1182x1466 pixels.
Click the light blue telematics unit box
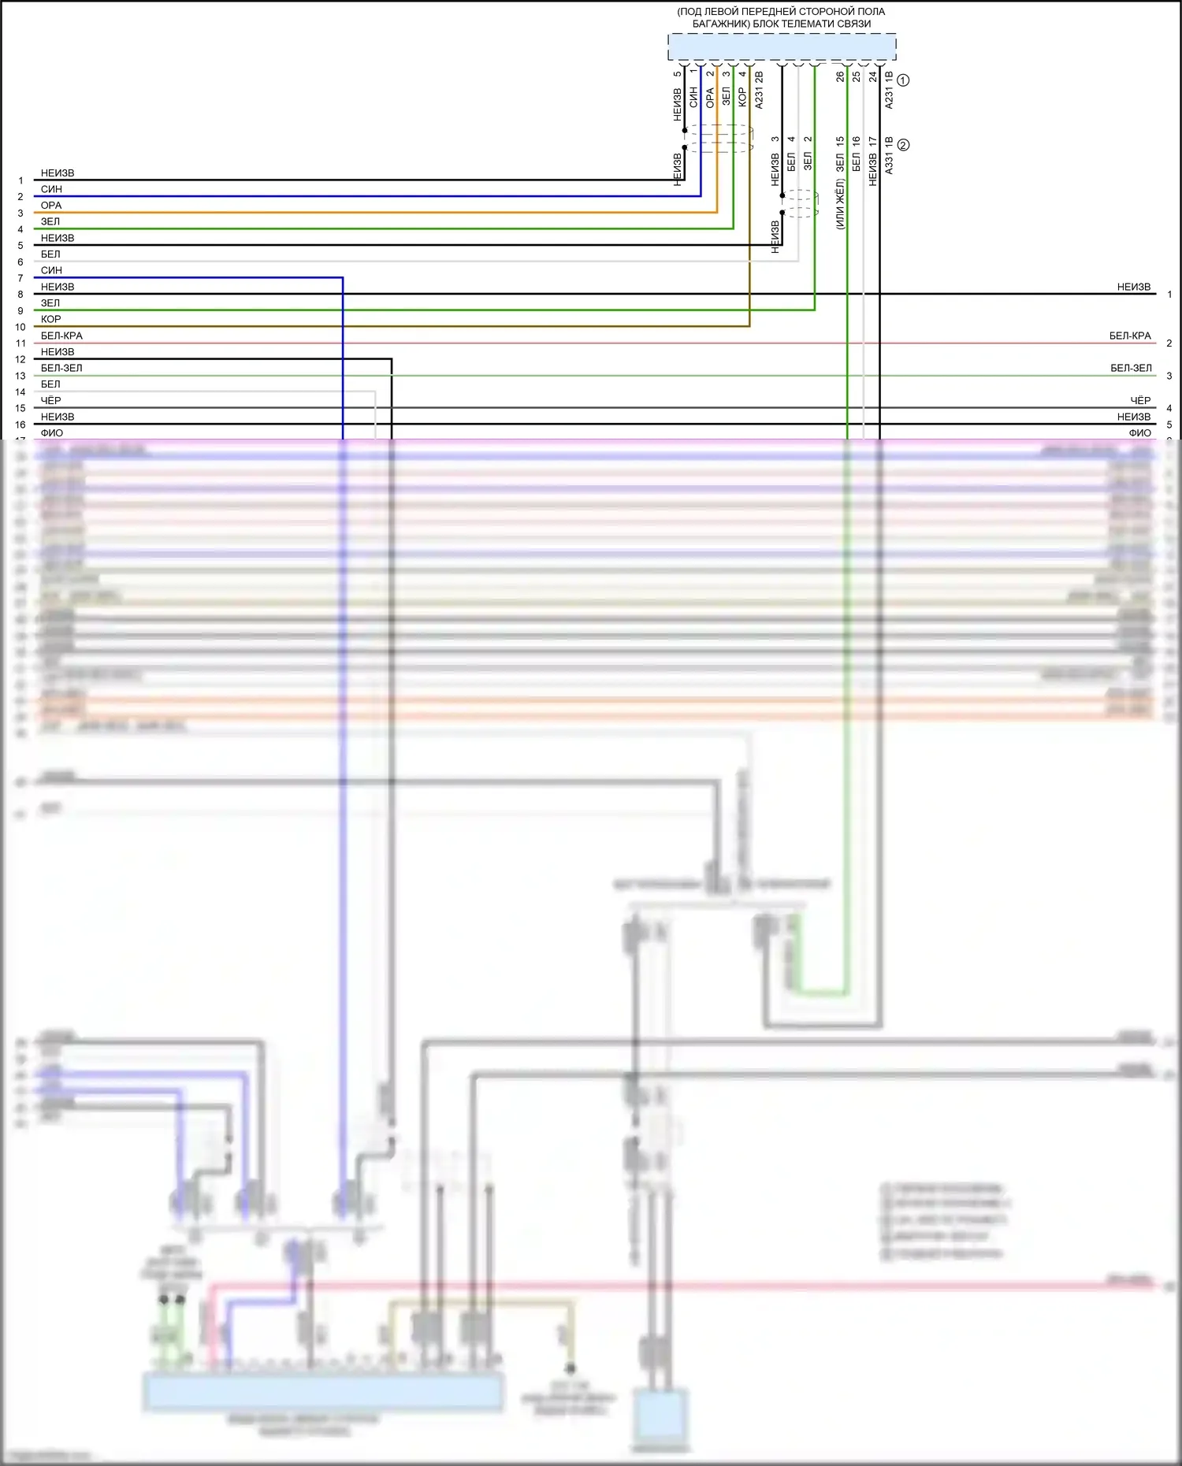pos(782,47)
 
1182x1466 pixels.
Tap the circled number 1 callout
pos(903,80)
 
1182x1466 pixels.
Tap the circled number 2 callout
pos(903,145)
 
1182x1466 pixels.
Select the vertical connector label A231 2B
pos(759,90)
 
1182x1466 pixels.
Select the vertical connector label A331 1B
pos(889,155)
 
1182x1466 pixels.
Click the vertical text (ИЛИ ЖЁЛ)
pos(840,204)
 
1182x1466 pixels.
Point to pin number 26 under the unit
pos(840,76)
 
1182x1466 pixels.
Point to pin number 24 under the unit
pos(872,76)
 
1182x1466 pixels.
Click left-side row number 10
pos(20,327)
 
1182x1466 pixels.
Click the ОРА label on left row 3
pos(51,206)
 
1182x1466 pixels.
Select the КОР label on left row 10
pos(51,319)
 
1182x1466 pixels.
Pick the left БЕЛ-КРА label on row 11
pos(61,336)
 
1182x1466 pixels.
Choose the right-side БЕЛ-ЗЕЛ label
pos(1131,368)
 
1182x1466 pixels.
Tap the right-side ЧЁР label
pos(1140,400)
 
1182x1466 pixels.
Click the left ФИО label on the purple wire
pos(52,432)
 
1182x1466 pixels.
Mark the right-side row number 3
pos(1169,376)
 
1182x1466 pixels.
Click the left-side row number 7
pos(20,278)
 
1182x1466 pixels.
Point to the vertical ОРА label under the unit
pos(710,98)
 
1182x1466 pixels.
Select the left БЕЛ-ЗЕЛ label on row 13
pos(61,368)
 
